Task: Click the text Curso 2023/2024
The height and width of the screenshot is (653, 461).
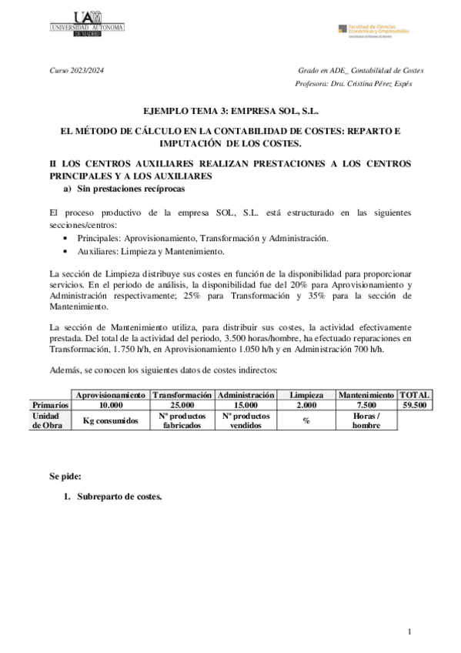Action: click(x=76, y=70)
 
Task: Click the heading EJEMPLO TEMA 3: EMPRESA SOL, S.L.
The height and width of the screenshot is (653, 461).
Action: click(x=231, y=111)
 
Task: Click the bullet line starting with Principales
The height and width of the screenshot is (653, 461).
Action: click(x=202, y=238)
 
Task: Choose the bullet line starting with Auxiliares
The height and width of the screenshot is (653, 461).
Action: click(x=151, y=251)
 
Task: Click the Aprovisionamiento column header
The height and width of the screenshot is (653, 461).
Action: click(x=111, y=395)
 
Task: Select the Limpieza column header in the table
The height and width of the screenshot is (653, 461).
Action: click(x=306, y=395)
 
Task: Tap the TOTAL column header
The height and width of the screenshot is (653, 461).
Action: click(x=415, y=395)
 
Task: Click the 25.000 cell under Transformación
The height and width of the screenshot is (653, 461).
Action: click(x=182, y=404)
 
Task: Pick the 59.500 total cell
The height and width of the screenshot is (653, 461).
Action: click(x=415, y=404)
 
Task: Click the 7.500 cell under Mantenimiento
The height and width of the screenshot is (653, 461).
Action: click(x=366, y=404)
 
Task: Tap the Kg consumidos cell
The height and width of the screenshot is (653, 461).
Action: click(x=111, y=420)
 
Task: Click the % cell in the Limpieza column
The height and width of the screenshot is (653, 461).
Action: click(x=306, y=420)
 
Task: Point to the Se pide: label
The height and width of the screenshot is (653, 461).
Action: click(x=65, y=477)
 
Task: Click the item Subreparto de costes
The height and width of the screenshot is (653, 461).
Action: click(x=119, y=497)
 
